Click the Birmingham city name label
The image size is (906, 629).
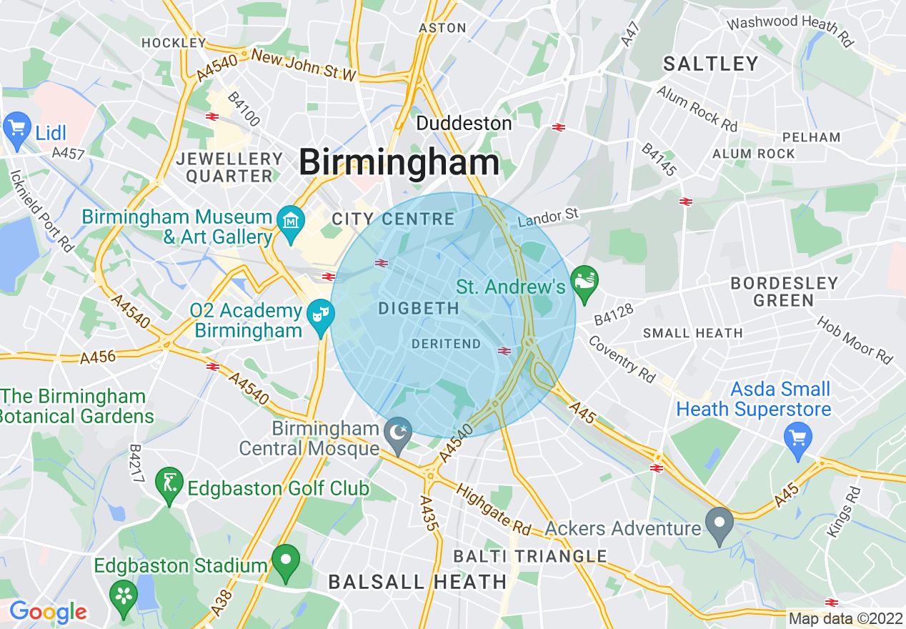pyautogui.click(x=399, y=162)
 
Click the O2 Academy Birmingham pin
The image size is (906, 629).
pyautogui.click(x=322, y=314)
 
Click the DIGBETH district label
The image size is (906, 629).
pyautogui.click(x=418, y=309)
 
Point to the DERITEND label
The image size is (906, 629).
pyautogui.click(x=447, y=344)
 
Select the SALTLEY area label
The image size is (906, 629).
pyautogui.click(x=710, y=64)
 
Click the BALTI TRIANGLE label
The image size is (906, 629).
pyautogui.click(x=530, y=556)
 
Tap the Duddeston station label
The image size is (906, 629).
pyautogui.click(x=464, y=123)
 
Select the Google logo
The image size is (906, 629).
pyautogui.click(x=48, y=612)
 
